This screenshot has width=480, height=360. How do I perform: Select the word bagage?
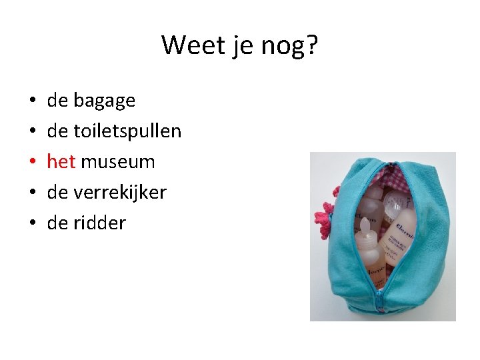104,101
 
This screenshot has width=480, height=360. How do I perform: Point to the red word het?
61,162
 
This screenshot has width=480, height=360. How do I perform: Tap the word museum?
117,162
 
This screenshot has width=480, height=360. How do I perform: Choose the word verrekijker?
120,193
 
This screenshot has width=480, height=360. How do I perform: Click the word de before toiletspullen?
57,131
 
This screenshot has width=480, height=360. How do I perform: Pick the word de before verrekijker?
57,193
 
